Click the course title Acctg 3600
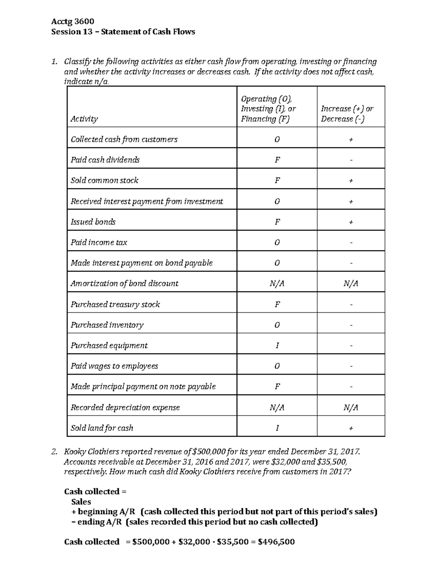pos(73,21)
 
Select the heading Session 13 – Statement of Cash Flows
pos(123,32)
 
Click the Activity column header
pos(84,119)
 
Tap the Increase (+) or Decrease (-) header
pos(347,114)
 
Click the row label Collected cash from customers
pos(124,139)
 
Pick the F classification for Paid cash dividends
pos(277,160)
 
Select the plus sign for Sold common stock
pos(351,181)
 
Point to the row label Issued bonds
pos(93,222)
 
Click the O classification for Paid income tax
pos(277,243)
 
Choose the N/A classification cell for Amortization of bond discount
pos(277,284)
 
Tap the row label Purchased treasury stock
pos(115,304)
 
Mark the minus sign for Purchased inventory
pos(351,325)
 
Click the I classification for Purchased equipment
pos(277,345)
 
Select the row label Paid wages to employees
pos(114,366)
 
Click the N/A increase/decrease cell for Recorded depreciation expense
pos(351,407)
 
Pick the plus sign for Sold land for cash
pos(351,429)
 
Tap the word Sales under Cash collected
pos(81,502)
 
